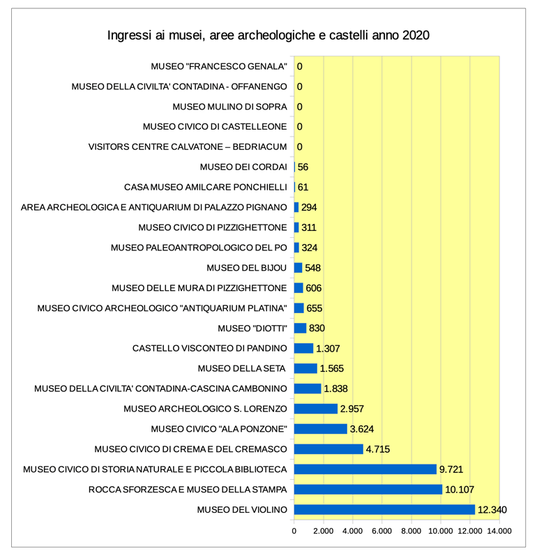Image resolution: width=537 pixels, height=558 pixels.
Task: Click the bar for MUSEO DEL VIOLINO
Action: click(x=384, y=510)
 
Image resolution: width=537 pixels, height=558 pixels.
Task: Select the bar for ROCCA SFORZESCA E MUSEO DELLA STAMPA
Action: click(x=368, y=490)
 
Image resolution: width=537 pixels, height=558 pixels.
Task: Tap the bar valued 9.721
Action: click(x=365, y=469)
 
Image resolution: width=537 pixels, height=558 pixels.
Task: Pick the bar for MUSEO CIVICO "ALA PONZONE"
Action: click(x=321, y=429)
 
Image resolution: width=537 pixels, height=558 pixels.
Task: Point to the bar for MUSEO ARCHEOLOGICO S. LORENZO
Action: click(x=316, y=409)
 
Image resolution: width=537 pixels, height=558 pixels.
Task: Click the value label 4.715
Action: click(x=378, y=449)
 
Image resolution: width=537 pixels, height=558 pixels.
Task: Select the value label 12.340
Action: click(x=492, y=510)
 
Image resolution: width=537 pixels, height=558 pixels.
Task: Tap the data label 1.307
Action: click(x=328, y=348)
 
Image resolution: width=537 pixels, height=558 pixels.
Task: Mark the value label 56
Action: click(x=303, y=167)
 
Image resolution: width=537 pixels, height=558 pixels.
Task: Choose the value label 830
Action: click(x=317, y=328)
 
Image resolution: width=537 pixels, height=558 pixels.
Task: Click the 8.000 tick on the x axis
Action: click(x=411, y=531)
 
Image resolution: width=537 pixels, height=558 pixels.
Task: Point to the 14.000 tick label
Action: click(x=499, y=531)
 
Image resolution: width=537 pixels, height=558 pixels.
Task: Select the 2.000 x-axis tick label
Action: click(x=324, y=531)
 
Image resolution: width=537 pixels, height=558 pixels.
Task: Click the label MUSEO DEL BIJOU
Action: click(x=247, y=268)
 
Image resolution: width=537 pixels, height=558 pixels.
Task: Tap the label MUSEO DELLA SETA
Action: click(x=241, y=368)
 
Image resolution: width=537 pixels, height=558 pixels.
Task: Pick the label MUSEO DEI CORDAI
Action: click(x=243, y=167)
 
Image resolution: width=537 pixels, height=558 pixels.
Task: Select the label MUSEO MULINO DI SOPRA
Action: click(x=230, y=107)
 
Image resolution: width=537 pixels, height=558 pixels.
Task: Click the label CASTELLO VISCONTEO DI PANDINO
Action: click(x=210, y=348)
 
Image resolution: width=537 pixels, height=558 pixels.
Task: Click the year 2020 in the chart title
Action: click(x=416, y=36)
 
